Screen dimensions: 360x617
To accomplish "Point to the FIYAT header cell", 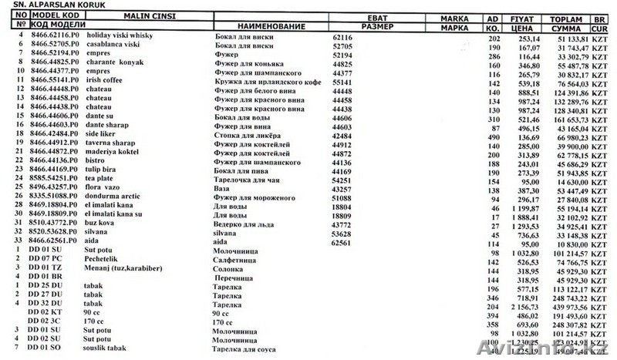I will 522,16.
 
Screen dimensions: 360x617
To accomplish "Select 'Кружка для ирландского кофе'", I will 263,79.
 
